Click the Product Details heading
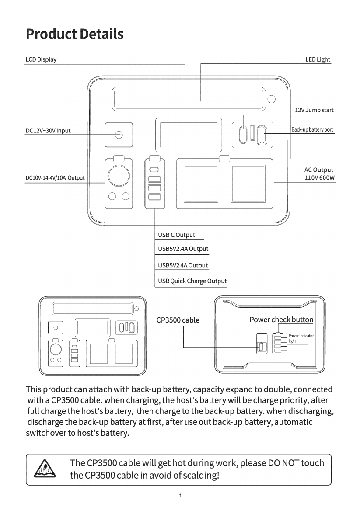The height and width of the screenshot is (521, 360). pos(75,34)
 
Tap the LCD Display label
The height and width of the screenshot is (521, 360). pos(41,59)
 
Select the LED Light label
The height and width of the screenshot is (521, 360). pos(318,59)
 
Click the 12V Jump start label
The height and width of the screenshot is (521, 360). pos(314,110)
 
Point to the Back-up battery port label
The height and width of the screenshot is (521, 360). pos(312,129)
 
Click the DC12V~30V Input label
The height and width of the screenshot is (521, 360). pos(48,131)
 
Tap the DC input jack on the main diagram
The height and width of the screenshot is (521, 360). pos(119,135)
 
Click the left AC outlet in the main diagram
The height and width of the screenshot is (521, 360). pos(201,184)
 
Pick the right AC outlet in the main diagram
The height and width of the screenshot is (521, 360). pos(248,184)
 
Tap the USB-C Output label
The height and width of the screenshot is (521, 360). pos(177,235)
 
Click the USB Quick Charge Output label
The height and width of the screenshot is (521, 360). pos(192,281)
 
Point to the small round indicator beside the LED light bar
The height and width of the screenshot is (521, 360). pos(272,99)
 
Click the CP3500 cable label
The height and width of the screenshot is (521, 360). pos(178,320)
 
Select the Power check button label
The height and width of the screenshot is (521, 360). pos(282,320)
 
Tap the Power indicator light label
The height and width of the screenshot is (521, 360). pos(301,338)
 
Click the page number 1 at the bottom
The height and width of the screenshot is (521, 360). pos(180,496)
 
